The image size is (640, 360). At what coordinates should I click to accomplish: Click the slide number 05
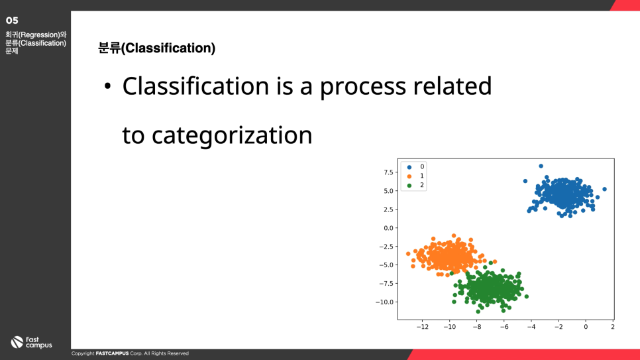pos(12,21)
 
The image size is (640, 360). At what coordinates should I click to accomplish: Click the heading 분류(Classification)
pos(157,48)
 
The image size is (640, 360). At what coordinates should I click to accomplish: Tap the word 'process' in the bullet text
pos(362,87)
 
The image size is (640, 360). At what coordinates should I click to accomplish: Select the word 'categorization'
pos(231,135)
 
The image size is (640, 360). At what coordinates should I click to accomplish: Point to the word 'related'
pos(453,86)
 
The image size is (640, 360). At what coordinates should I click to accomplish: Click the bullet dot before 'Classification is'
pos(107,86)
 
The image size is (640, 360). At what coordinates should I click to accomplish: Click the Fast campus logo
pos(31,342)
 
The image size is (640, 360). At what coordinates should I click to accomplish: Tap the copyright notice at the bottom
pos(130,353)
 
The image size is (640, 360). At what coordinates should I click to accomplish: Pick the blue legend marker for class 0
pos(409,167)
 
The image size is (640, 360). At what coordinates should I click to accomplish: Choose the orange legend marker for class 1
pos(409,176)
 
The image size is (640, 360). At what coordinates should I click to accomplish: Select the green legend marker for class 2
pos(409,186)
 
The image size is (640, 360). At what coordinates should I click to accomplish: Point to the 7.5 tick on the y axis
pos(388,172)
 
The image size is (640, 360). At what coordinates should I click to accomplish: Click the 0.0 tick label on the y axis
pos(388,228)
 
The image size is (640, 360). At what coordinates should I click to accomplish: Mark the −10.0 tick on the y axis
pos(384,302)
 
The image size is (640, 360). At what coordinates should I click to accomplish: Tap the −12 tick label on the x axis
pos(422,327)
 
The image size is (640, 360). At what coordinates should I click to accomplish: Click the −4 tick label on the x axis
pos(531,327)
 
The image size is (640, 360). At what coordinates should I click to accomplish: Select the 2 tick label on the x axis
pos(613,327)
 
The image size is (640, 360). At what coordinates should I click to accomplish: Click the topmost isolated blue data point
pos(541,166)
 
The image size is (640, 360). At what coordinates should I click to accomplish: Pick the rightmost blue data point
pos(604,189)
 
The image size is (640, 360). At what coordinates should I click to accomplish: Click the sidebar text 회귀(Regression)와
pos(36,35)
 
